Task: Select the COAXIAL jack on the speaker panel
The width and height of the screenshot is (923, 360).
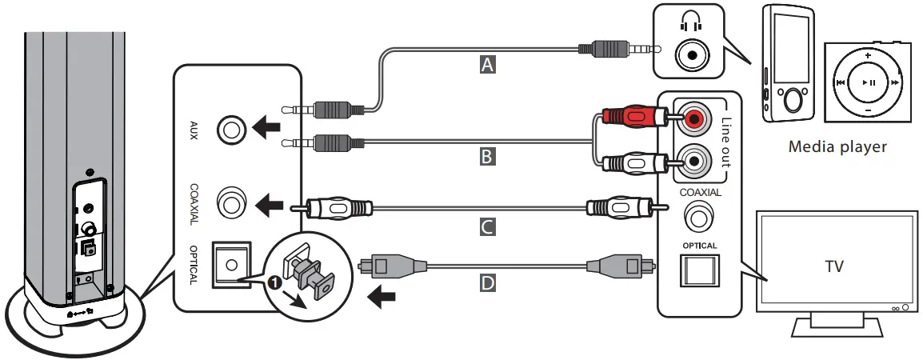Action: tap(231, 203)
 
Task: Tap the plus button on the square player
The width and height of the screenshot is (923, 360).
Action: tap(867, 54)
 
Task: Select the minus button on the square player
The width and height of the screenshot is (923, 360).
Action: tap(867, 110)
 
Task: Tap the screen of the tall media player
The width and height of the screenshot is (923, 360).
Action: tap(788, 44)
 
